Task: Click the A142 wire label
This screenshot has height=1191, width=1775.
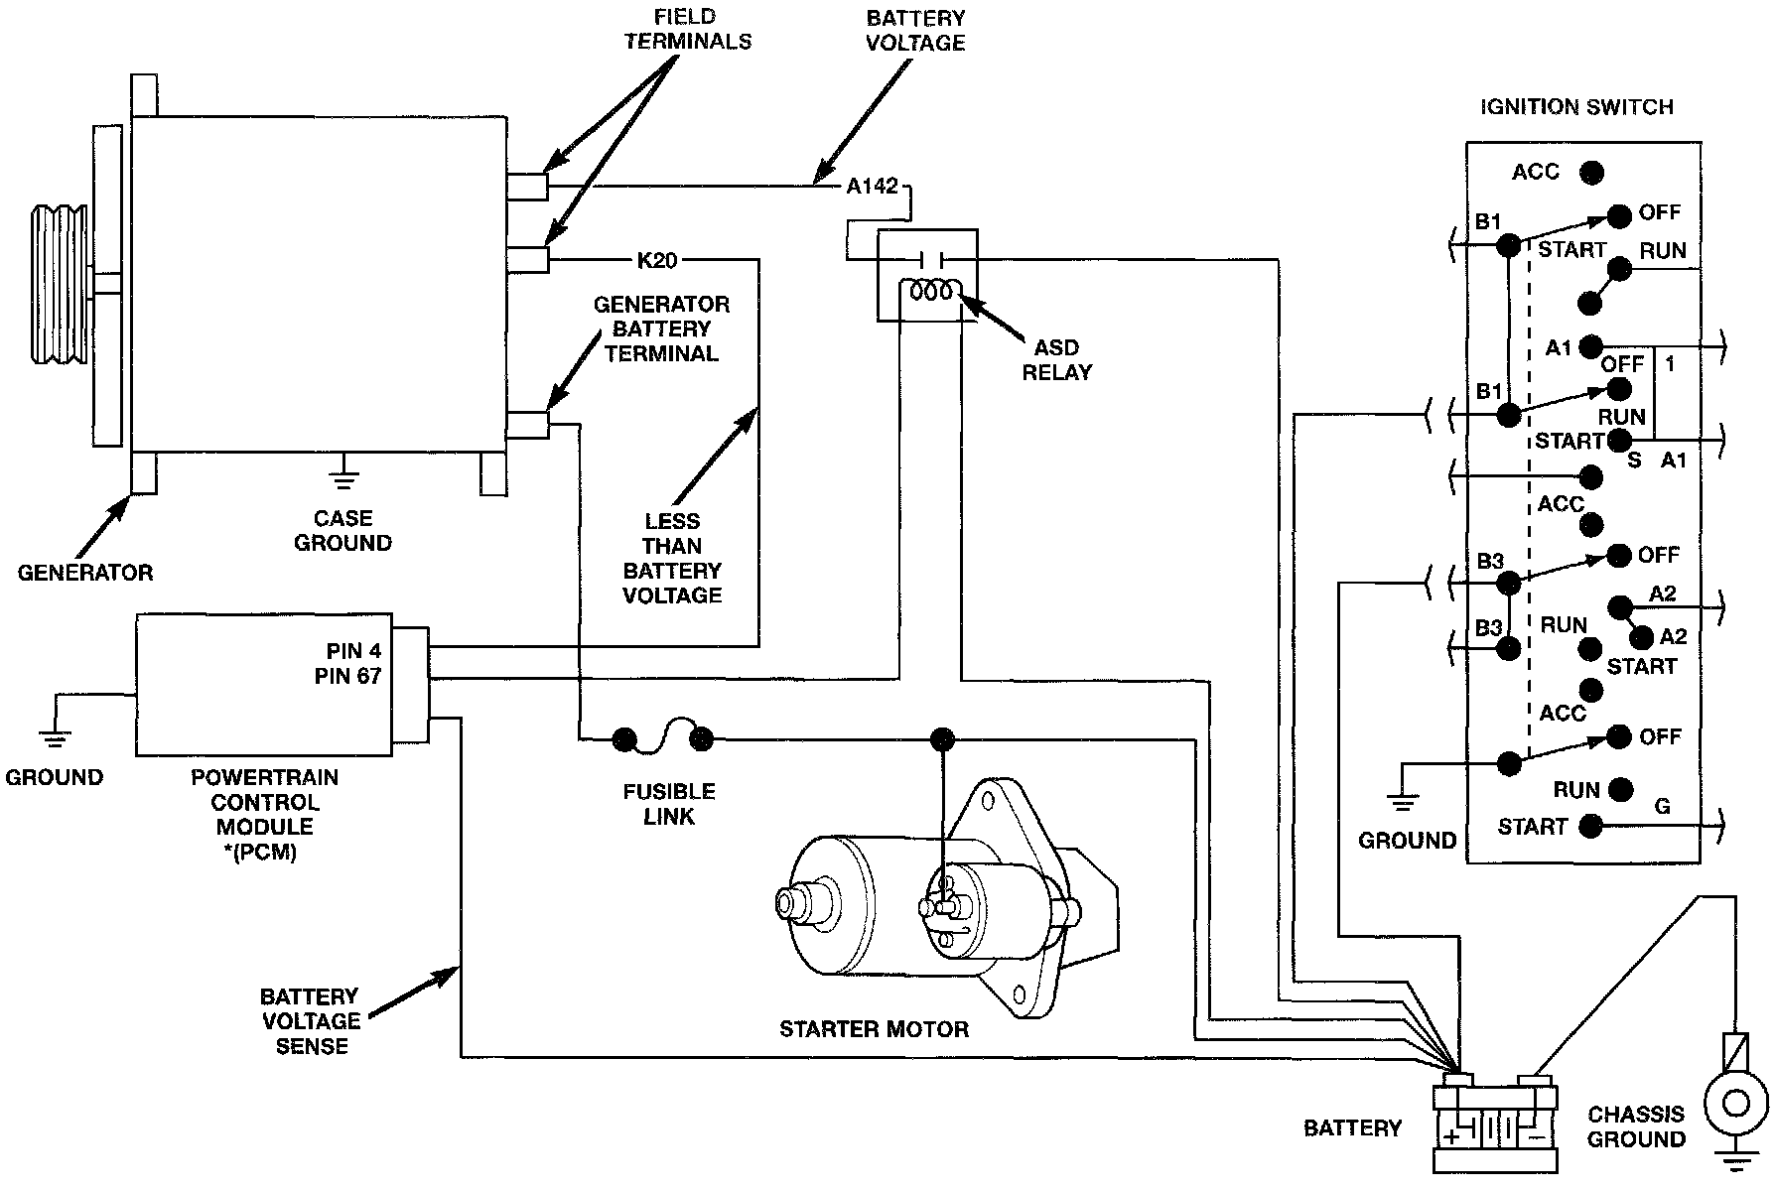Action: (x=872, y=186)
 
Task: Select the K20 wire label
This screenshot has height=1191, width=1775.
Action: (x=656, y=261)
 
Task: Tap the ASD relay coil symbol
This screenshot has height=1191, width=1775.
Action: (x=929, y=290)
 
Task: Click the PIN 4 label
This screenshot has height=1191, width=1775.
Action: (x=353, y=652)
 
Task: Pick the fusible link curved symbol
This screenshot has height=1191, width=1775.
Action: (x=663, y=736)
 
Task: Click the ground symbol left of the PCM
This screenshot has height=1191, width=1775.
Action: (x=54, y=736)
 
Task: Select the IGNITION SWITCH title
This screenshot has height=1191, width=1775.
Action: (x=1576, y=106)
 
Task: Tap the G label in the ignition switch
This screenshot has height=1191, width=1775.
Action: (x=1663, y=806)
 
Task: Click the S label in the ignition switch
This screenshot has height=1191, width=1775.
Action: (x=1635, y=461)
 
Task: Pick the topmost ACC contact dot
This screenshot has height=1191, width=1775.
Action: (x=1591, y=173)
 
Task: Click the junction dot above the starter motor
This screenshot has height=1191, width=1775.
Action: (x=942, y=738)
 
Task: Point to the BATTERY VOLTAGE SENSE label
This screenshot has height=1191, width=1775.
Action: (x=311, y=1020)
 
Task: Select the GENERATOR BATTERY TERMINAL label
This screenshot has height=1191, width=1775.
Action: (x=661, y=329)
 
